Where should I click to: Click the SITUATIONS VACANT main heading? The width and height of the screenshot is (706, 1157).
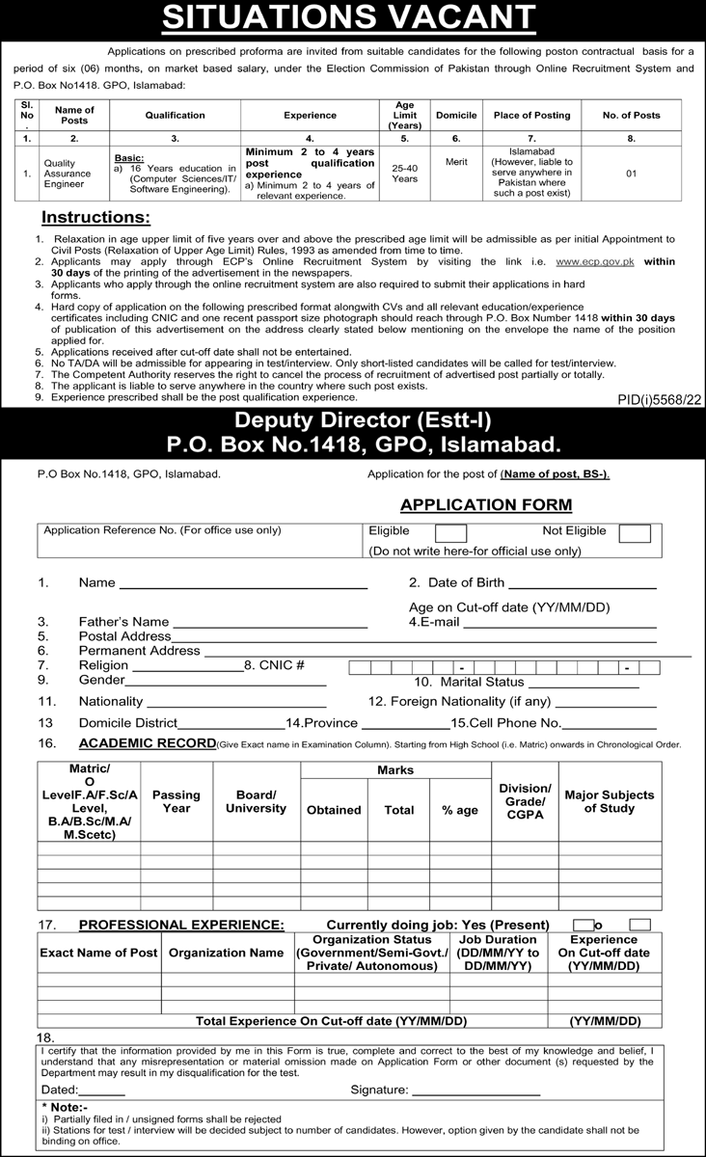coord(353,17)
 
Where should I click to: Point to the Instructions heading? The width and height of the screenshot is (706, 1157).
coord(95,217)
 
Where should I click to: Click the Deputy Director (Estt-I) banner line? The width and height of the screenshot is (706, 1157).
coord(353,420)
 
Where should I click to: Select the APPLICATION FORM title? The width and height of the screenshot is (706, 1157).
coord(486,504)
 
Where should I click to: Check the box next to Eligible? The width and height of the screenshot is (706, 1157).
coord(450,533)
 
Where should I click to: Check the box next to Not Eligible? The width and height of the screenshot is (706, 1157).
coord(634,533)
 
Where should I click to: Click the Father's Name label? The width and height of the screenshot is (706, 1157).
coord(123,622)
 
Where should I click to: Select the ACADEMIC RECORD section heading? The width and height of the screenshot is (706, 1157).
coord(147,742)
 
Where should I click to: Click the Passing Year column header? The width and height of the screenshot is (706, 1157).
coord(176,802)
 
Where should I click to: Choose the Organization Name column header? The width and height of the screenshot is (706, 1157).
coord(226,953)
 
